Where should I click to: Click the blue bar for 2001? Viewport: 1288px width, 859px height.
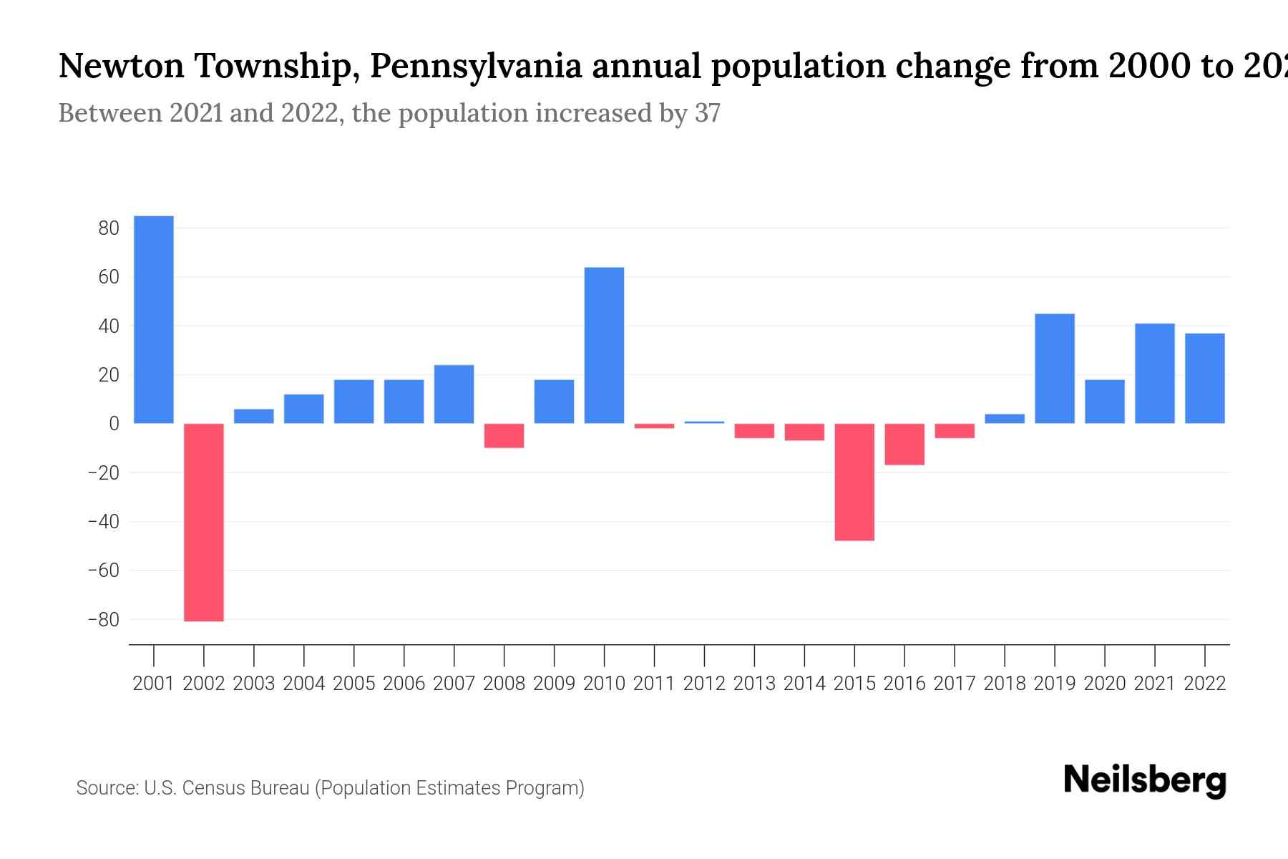click(154, 319)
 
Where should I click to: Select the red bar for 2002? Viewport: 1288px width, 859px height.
click(204, 522)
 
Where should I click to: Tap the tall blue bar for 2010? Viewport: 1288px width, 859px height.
click(604, 345)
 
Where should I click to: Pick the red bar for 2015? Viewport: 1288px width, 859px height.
click(854, 482)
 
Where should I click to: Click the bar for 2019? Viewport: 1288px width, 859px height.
click(1055, 369)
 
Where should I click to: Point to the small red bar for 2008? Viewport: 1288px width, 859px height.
click(504, 435)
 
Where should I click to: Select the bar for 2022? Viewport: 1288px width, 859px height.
click(1205, 378)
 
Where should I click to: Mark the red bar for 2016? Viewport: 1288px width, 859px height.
click(904, 444)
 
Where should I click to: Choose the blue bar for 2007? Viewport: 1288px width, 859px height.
click(454, 394)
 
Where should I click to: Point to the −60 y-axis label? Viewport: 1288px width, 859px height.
click(103, 571)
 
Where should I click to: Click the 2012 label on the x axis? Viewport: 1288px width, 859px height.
click(704, 684)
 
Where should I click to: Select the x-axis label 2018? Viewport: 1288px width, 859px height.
click(1005, 684)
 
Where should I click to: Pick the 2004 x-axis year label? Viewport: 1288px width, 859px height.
click(304, 684)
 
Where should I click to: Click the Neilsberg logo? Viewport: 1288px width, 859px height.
click(1145, 780)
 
